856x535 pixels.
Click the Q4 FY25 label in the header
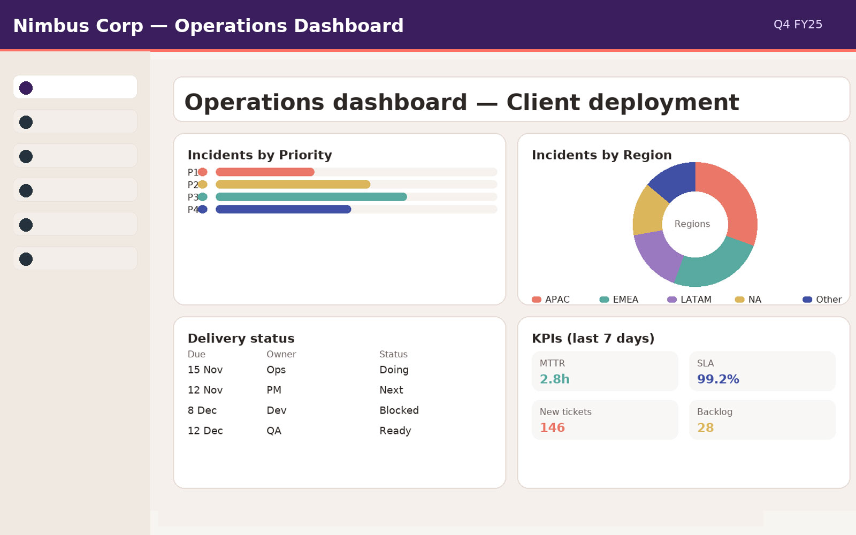pos(798,25)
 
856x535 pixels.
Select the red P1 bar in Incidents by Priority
pos(265,172)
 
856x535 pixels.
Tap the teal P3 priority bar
pos(311,197)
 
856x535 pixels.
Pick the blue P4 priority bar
pos(283,209)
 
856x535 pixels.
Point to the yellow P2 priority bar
pos(293,185)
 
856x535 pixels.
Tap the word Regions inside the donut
pos(692,224)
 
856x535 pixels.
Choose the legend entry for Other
pos(823,300)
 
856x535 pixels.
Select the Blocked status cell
pos(399,410)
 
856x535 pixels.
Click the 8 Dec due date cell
pos(202,410)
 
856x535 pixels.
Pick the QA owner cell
pos(274,431)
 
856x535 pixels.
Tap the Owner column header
pos(281,354)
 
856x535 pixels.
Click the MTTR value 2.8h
pos(554,379)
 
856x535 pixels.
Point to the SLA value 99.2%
pos(718,379)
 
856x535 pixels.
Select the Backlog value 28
pos(705,428)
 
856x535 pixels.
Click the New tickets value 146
pos(552,428)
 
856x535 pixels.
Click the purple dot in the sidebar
pos(26,88)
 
